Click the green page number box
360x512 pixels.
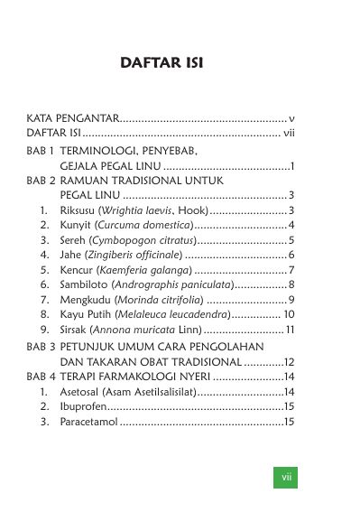coord(285,476)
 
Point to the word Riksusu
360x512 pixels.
coord(79,210)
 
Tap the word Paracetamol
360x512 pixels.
coord(89,422)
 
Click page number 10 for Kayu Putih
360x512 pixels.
coord(289,314)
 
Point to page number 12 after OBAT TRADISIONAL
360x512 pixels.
coord(290,361)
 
